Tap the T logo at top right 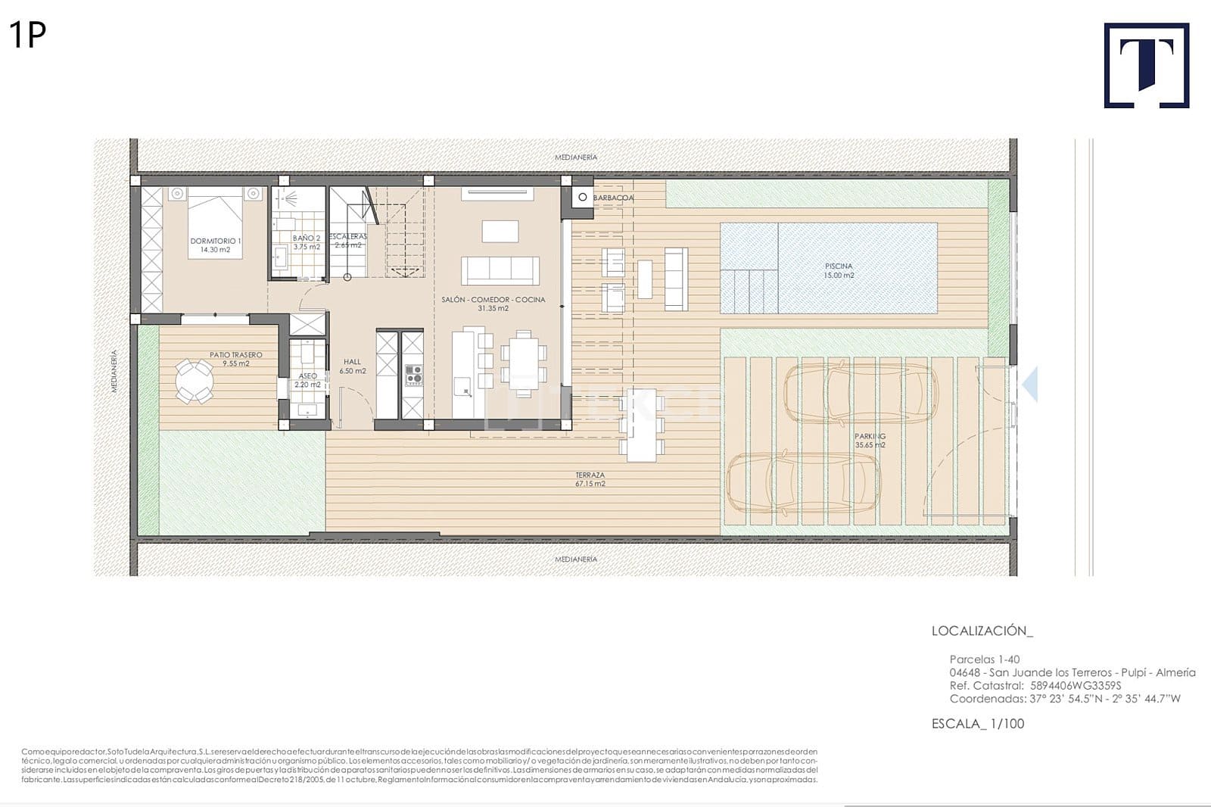pyautogui.click(x=1146, y=65)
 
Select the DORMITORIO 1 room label pyautogui.click(x=216, y=245)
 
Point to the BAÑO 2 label pyautogui.click(x=307, y=242)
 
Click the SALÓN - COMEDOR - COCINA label pyautogui.click(x=493, y=304)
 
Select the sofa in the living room pyautogui.click(x=500, y=270)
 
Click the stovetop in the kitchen pyautogui.click(x=413, y=374)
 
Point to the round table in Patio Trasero pyautogui.click(x=195, y=381)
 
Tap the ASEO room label pyautogui.click(x=307, y=380)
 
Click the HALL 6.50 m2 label pyautogui.click(x=353, y=366)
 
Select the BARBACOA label pyautogui.click(x=613, y=198)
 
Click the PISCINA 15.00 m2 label pyautogui.click(x=839, y=270)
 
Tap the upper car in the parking pyautogui.click(x=860, y=393)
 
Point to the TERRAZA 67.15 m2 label pyautogui.click(x=590, y=479)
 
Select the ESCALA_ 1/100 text pyautogui.click(x=977, y=724)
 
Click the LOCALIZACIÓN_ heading pyautogui.click(x=982, y=631)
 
